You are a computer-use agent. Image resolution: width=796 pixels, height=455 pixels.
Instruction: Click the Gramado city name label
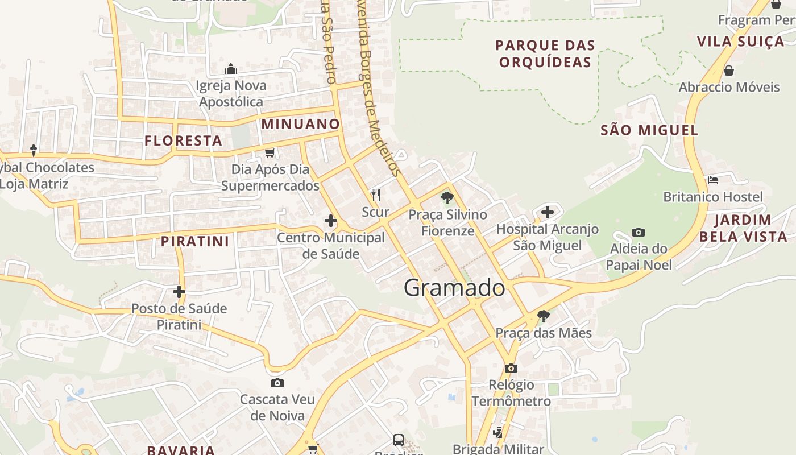[x=454, y=288]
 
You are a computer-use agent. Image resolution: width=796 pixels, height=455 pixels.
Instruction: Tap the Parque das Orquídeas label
[x=545, y=53]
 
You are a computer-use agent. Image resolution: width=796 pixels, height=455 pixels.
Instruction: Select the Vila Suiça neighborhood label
[x=740, y=42]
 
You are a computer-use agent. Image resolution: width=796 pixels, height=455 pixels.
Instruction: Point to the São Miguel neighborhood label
[x=649, y=130]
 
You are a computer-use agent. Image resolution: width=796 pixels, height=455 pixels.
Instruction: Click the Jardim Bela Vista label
[x=743, y=228]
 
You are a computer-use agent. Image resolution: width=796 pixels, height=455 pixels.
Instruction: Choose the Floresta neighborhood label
[x=183, y=141]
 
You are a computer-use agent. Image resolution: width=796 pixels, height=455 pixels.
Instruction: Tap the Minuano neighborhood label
[x=300, y=124]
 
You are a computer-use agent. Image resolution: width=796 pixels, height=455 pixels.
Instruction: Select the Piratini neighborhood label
[x=195, y=241]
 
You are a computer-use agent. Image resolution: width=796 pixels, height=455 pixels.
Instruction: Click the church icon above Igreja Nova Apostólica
[x=231, y=69]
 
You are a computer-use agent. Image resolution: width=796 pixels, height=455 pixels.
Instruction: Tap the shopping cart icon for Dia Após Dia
[x=270, y=152]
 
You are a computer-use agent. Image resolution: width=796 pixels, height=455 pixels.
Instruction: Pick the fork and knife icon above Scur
[x=375, y=196]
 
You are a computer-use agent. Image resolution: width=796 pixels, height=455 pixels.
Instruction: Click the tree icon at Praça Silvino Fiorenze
[x=447, y=198]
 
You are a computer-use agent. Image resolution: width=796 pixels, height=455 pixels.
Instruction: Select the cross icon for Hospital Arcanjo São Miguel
[x=548, y=212]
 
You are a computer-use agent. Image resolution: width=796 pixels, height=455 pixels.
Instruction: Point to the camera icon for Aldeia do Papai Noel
[x=639, y=232]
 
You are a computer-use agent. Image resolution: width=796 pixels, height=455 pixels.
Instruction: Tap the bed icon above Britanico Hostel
[x=713, y=180]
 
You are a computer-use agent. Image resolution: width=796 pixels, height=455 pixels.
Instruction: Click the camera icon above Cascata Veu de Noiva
[x=277, y=383]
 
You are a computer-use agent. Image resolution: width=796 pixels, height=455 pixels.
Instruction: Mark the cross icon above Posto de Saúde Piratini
[x=179, y=292]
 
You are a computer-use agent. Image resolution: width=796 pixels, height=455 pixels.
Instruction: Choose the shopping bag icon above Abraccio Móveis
[x=729, y=71]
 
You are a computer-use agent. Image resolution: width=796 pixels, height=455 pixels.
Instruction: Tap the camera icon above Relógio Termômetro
[x=511, y=368]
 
